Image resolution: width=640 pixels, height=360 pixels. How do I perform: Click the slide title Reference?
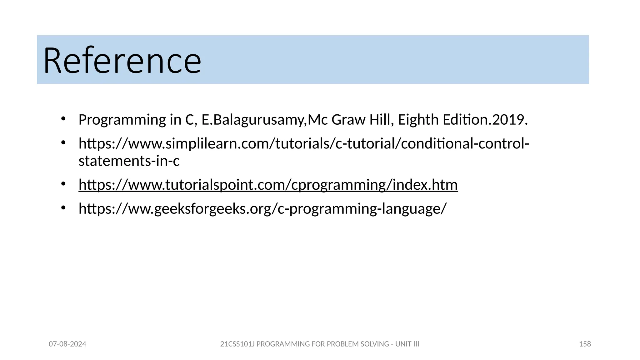point(122,60)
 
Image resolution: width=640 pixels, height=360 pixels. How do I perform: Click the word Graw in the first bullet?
point(348,120)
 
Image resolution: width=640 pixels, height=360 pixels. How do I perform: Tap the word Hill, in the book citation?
point(382,120)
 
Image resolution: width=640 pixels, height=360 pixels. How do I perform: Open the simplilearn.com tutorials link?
point(304,144)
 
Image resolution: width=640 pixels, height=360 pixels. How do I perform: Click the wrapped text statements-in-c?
point(129,161)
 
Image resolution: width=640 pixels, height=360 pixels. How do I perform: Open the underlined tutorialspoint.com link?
point(268,185)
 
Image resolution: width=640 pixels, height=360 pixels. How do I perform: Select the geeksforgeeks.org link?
point(262,209)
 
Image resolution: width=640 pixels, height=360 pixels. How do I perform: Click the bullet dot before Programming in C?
point(63,119)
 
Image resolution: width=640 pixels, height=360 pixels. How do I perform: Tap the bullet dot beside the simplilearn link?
point(63,143)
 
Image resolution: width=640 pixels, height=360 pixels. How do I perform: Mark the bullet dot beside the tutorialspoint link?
point(63,184)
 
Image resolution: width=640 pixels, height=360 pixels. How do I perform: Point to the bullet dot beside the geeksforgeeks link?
point(63,207)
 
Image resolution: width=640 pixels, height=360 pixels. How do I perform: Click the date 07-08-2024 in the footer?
point(67,344)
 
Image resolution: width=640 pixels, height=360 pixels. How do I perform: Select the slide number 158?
point(585,344)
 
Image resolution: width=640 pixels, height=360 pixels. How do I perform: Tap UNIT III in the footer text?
point(407,344)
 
